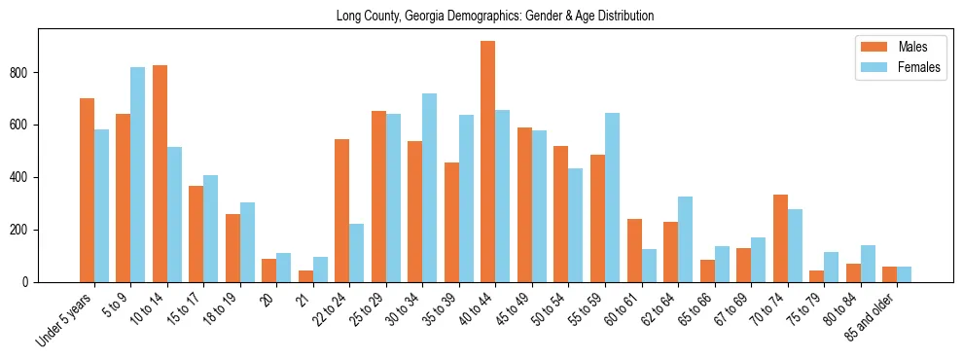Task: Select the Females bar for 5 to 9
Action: [x=138, y=175]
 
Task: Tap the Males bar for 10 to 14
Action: [x=160, y=174]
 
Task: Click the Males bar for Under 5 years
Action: [x=87, y=191]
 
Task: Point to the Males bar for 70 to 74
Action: [x=780, y=238]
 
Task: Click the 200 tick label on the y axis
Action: [x=26, y=231]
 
